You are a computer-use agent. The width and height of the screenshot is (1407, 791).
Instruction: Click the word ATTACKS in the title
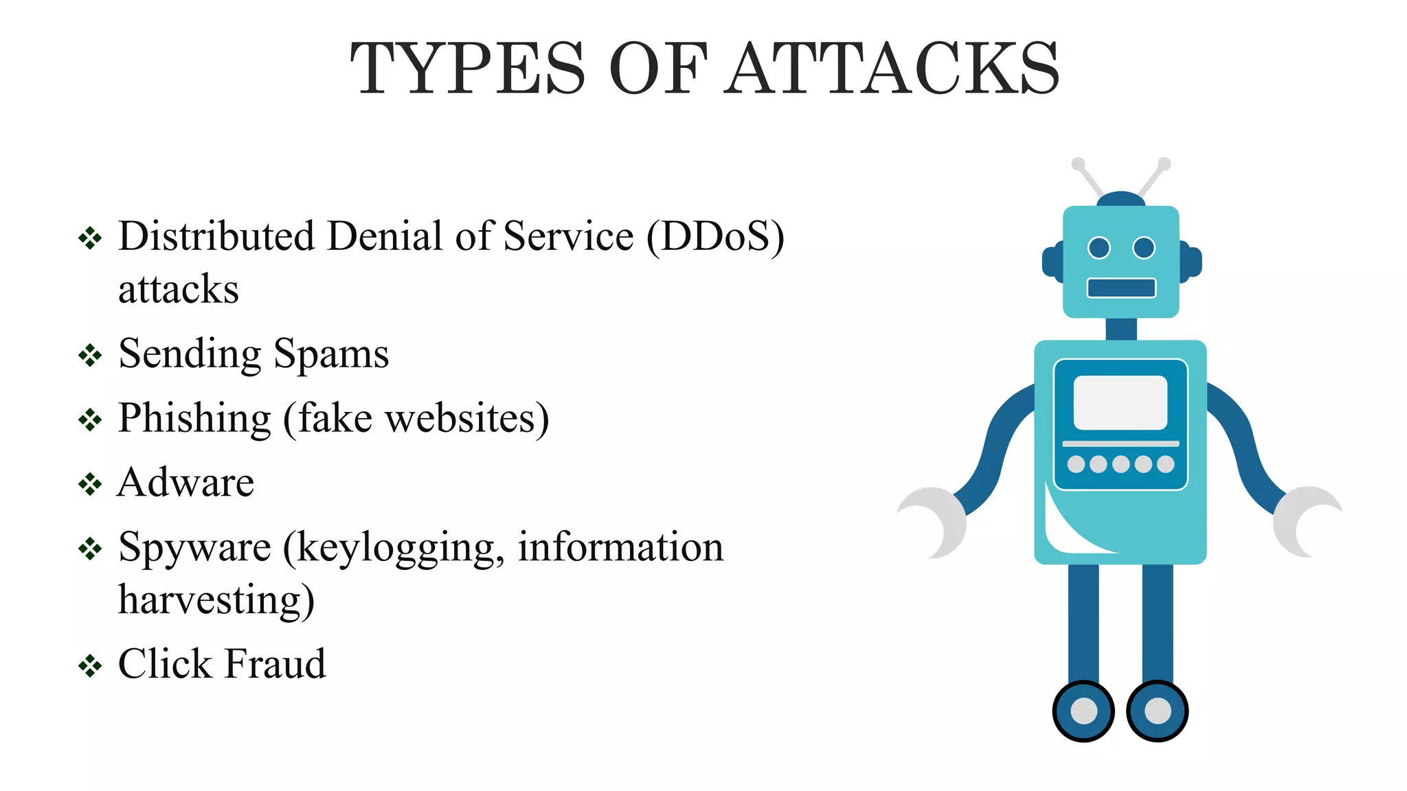pos(893,69)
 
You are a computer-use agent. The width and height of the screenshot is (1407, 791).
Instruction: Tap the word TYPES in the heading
pos(467,69)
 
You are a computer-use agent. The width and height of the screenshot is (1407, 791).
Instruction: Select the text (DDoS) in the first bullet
pos(715,237)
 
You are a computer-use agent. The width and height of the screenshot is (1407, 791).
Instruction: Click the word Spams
pos(331,355)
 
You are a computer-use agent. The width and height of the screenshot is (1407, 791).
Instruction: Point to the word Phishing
pos(194,419)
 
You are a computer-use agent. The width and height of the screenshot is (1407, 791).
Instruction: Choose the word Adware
pos(186,482)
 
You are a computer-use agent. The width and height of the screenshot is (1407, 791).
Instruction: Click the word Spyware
pos(194,548)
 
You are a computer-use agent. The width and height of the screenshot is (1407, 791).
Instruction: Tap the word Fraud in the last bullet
pos(275,664)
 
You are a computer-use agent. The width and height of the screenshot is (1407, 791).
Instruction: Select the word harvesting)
pos(216,600)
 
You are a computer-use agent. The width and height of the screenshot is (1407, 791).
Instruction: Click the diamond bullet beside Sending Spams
pos(90,356)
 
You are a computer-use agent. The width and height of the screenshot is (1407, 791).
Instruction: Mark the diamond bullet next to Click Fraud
pos(90,665)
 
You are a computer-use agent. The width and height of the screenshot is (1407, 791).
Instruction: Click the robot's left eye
pos(1099,247)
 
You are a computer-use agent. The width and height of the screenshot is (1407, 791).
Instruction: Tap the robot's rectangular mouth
pos(1121,288)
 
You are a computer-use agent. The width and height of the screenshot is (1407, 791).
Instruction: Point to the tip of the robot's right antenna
pos(1164,164)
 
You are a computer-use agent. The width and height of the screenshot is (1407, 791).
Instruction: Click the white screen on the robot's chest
pos(1121,402)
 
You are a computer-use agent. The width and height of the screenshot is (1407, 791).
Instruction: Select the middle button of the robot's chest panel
pos(1121,465)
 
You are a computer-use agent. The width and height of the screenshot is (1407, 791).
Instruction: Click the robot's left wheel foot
pos(1083,711)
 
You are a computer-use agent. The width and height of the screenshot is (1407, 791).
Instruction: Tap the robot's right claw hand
pos(1305,522)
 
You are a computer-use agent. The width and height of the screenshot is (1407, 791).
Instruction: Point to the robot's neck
pos(1121,329)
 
